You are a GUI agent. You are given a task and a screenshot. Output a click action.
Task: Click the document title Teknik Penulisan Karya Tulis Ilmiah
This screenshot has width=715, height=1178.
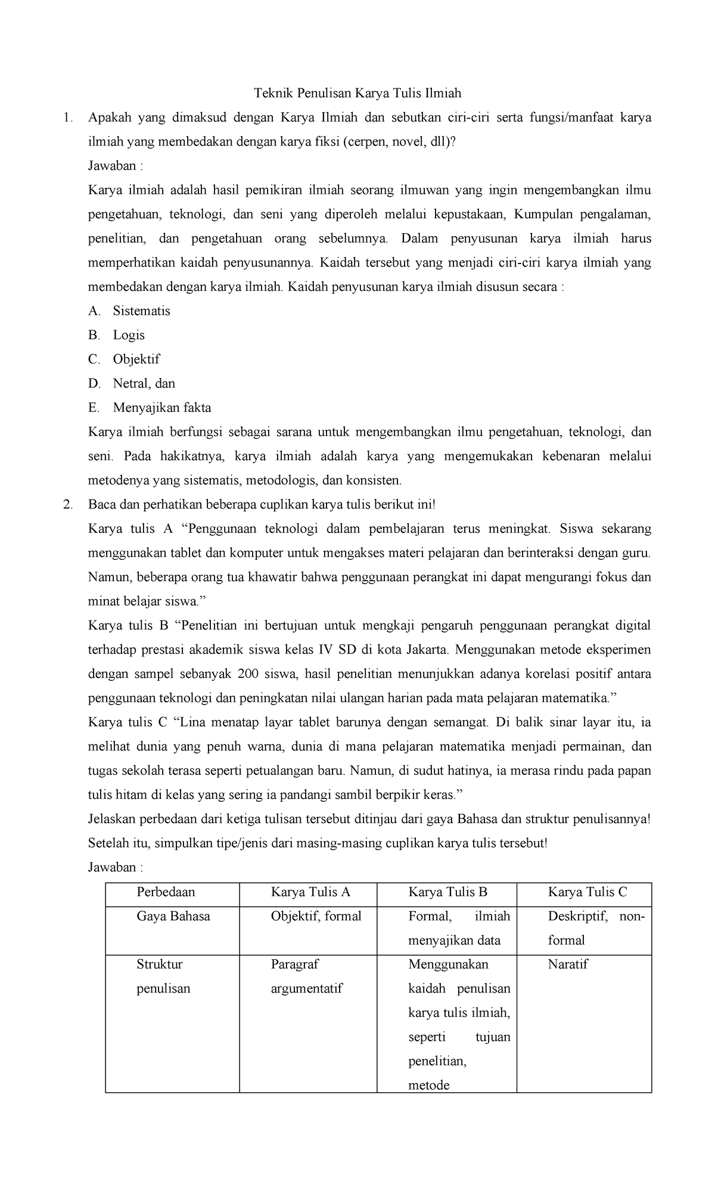click(x=357, y=93)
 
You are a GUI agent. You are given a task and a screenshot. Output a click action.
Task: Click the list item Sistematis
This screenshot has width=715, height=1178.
click(x=141, y=311)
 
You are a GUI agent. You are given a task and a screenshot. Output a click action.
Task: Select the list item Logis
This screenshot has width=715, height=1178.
click(x=129, y=335)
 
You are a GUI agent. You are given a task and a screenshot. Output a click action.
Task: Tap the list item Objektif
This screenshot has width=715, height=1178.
click(x=136, y=359)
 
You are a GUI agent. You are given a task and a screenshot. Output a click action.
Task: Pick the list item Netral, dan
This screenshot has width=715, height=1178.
click(x=144, y=383)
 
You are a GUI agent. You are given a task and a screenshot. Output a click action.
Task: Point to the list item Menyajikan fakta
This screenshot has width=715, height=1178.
click(x=161, y=408)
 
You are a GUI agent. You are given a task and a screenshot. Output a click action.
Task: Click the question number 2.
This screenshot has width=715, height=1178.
click(x=67, y=505)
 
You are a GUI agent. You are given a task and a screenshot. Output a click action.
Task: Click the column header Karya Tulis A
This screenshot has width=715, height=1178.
click(x=310, y=892)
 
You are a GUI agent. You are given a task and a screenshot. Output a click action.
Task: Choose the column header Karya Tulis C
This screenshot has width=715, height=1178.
click(x=587, y=892)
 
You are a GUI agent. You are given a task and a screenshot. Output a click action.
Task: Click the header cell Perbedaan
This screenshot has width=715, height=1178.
click(x=166, y=892)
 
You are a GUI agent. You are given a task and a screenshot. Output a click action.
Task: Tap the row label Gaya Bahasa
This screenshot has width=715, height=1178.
click(x=173, y=916)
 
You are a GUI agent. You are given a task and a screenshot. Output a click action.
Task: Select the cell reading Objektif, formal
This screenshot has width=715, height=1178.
click(x=316, y=916)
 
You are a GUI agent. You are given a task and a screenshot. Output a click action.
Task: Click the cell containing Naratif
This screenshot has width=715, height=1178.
click(x=567, y=965)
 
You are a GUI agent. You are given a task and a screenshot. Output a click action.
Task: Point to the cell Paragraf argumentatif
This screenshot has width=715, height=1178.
click(x=306, y=976)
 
